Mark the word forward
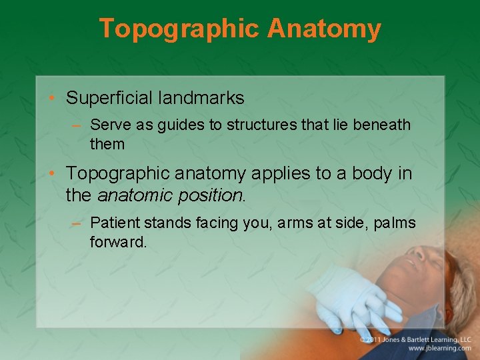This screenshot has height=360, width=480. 118,242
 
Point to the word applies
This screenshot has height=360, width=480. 284,174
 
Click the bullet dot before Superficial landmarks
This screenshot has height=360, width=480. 52,99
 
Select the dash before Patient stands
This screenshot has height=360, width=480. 77,223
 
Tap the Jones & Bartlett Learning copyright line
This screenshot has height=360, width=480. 416,339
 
